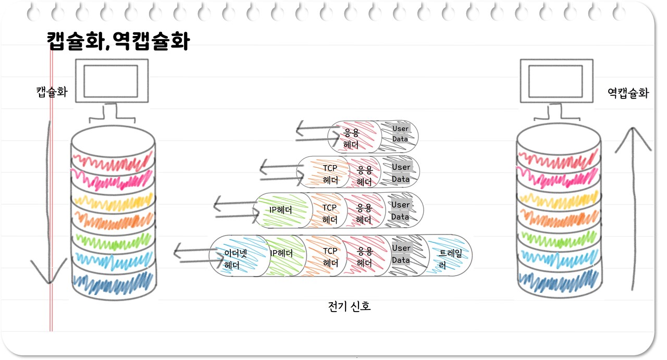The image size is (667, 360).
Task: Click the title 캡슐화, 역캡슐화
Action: [x=118, y=41]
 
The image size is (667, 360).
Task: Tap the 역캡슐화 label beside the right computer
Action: [x=628, y=93]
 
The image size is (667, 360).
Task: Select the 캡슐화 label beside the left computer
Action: [x=52, y=93]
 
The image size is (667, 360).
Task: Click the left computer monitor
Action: [x=111, y=81]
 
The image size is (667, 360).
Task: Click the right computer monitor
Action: [x=557, y=81]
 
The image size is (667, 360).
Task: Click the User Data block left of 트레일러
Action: [x=401, y=254]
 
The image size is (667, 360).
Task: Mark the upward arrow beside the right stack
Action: [x=633, y=208]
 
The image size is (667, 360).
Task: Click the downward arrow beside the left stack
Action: [x=48, y=208]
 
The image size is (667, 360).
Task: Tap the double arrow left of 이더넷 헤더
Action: [x=191, y=254]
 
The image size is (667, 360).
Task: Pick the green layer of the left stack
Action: [x=114, y=240]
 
